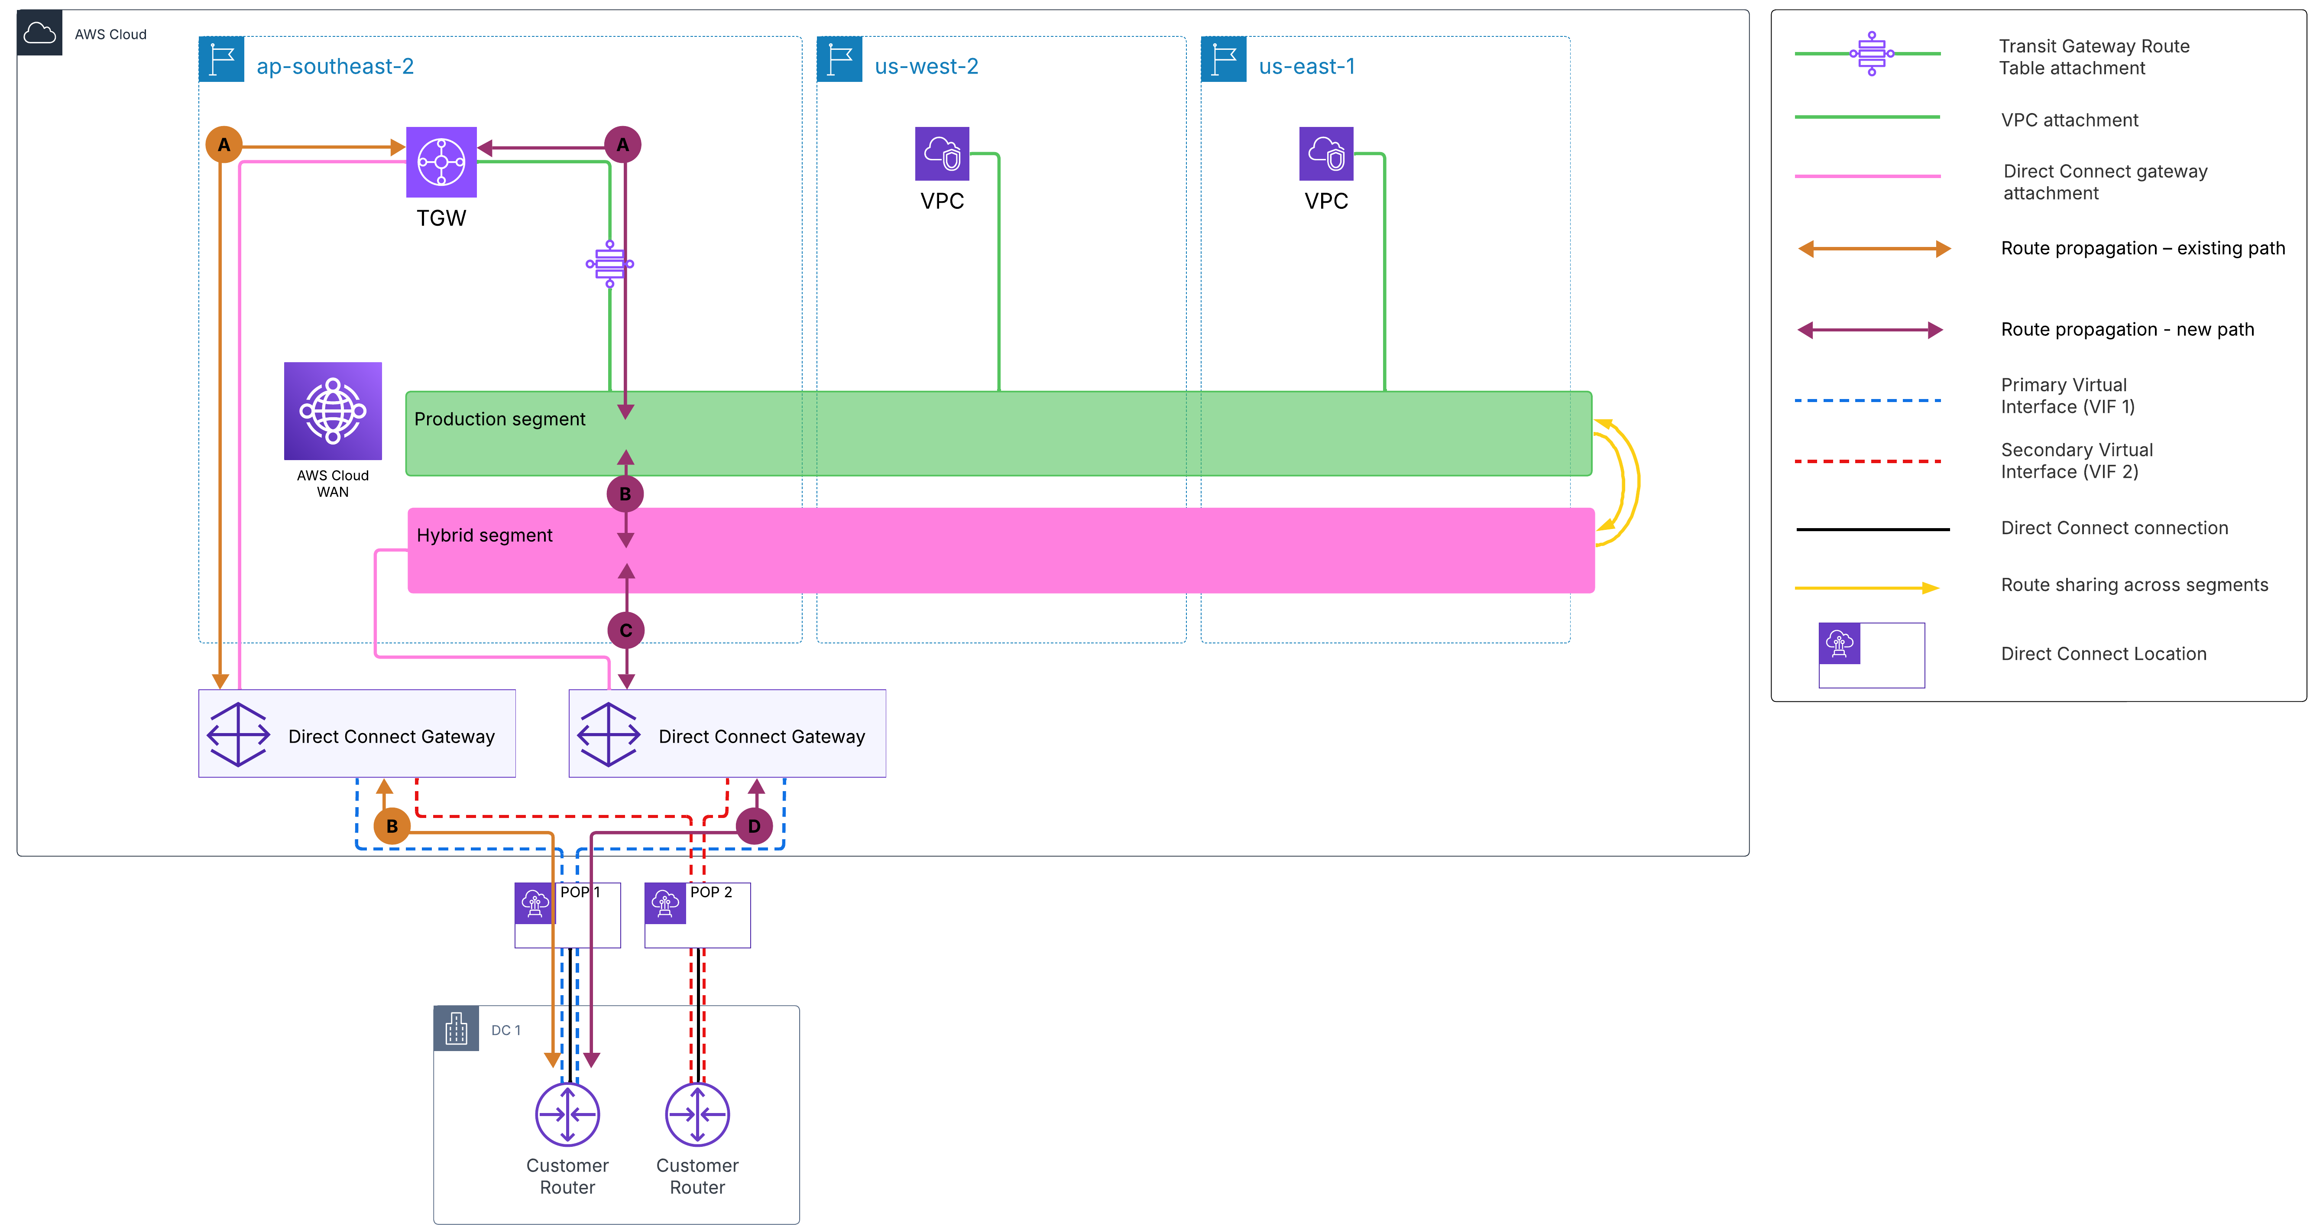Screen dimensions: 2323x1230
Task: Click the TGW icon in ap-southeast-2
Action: click(441, 162)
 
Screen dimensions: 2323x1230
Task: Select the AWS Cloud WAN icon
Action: click(333, 411)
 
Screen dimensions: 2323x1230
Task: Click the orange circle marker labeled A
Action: click(224, 144)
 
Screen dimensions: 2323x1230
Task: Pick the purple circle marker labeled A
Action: click(622, 144)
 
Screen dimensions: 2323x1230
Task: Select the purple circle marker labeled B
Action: click(625, 494)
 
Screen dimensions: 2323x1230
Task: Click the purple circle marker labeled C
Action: click(626, 630)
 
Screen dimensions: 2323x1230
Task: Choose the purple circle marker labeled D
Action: click(754, 826)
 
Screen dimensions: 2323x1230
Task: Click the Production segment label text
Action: click(499, 419)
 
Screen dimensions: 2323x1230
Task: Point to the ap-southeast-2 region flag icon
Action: click(221, 59)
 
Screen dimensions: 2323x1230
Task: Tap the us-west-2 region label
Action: click(926, 66)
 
